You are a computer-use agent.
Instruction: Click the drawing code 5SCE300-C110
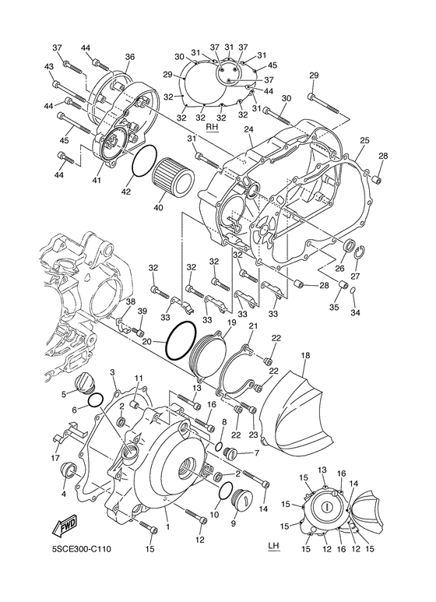click(82, 549)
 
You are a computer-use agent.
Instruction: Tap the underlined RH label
click(212, 127)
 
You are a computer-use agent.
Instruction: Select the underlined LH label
click(273, 547)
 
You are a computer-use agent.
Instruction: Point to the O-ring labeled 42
click(144, 161)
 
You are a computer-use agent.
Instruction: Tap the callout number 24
click(248, 130)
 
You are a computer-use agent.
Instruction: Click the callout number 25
click(364, 140)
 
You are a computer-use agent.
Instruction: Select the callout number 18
click(305, 356)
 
